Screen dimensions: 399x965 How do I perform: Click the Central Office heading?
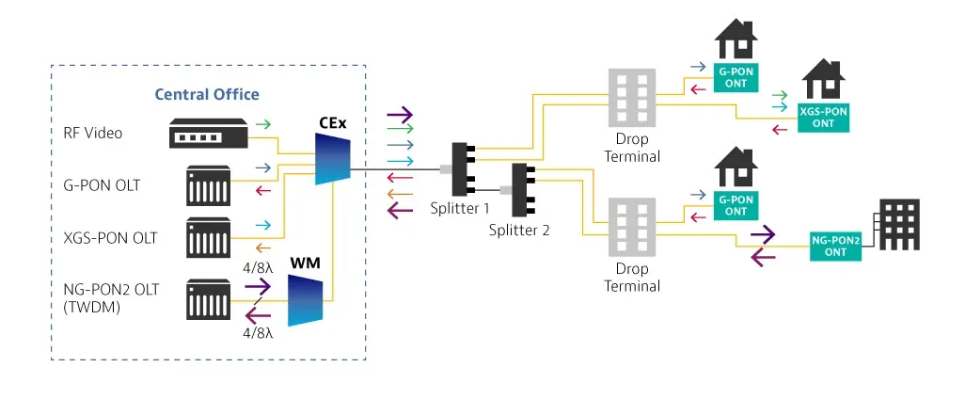[x=207, y=94]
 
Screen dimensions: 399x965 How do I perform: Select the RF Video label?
[x=87, y=133]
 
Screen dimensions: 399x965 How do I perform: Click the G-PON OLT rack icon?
[x=208, y=185]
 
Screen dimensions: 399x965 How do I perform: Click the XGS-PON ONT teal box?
[x=823, y=117]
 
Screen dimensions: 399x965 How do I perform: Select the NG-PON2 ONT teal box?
[x=834, y=246]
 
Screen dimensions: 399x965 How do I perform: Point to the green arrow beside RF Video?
[x=267, y=123]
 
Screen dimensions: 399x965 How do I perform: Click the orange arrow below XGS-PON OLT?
[x=266, y=248]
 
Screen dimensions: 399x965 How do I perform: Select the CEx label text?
[x=329, y=122]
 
